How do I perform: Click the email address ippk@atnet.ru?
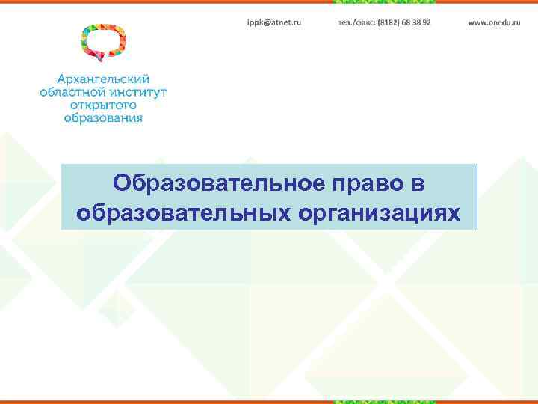point(274,23)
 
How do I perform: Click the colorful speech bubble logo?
point(103,42)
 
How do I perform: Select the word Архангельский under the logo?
point(104,79)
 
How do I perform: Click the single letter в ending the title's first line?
point(437,183)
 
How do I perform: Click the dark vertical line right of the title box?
point(476,196)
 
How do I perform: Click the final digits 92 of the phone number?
point(426,23)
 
